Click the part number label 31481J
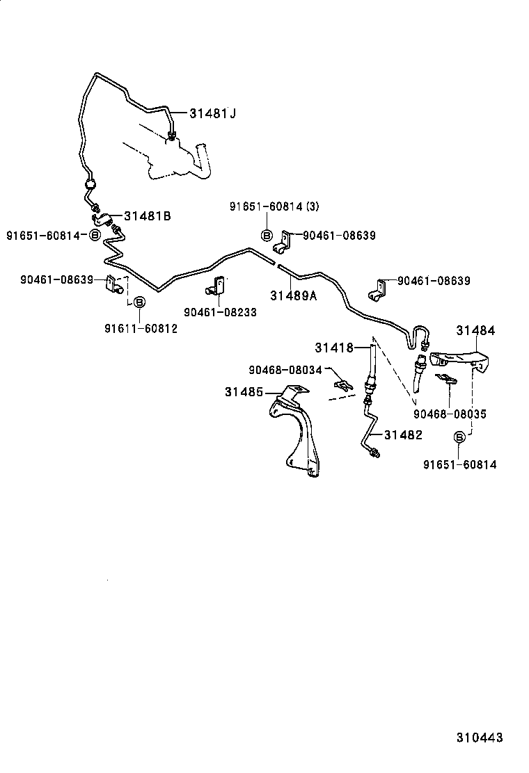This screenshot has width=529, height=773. tap(213, 113)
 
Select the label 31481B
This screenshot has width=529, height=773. tap(148, 216)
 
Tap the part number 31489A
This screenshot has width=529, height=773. tap(293, 295)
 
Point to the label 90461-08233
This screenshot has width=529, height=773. tap(220, 313)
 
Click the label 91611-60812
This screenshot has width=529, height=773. tap(141, 329)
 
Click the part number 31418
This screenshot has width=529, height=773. tap(333, 347)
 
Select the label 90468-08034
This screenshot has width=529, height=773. tap(285, 370)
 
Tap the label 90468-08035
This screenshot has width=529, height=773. tap(449, 414)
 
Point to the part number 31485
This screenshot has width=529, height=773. tap(244, 392)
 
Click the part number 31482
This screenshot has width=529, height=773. tap(403, 434)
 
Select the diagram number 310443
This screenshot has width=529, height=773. tap(480, 738)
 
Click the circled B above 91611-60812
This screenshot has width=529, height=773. tap(139, 302)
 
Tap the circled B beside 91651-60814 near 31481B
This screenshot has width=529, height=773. tap(95, 236)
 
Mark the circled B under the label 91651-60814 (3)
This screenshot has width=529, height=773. tap(267, 236)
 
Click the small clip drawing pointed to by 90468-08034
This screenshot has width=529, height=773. tap(342, 383)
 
